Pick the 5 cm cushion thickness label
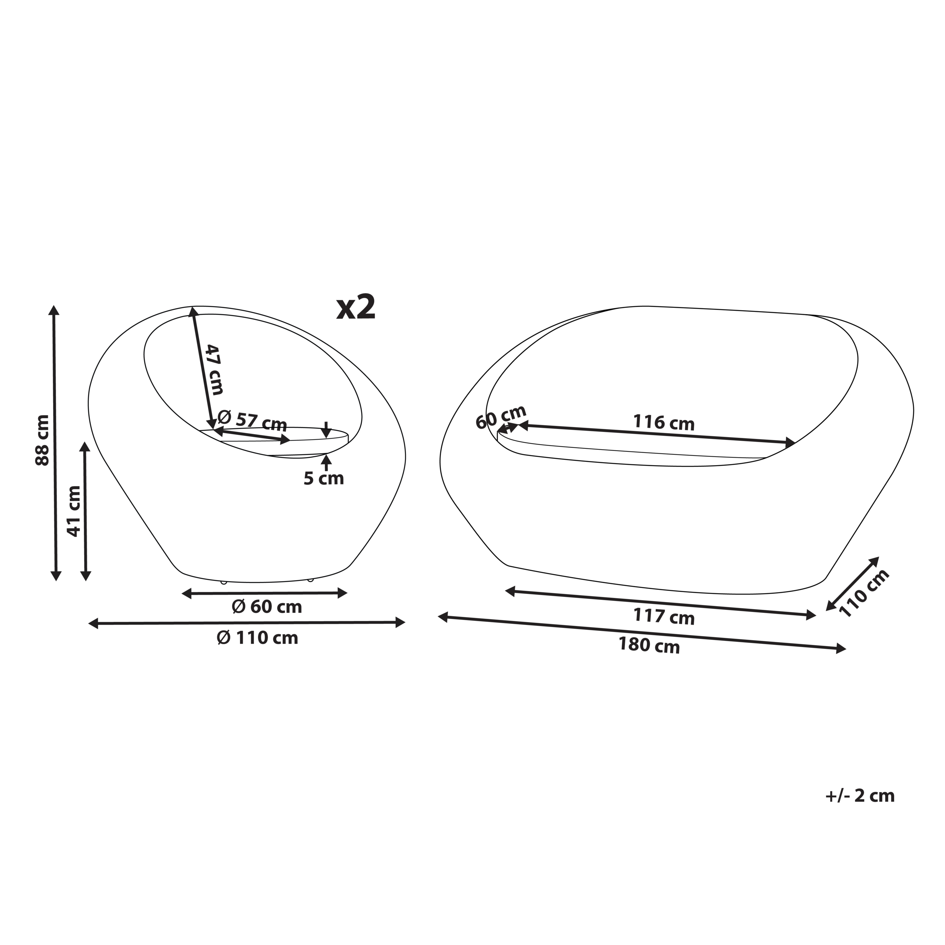pos(324,478)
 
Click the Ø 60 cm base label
pos(267,607)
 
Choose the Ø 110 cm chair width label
pos(257,638)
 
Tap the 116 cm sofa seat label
pos(664,423)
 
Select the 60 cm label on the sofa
pos(501,417)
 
